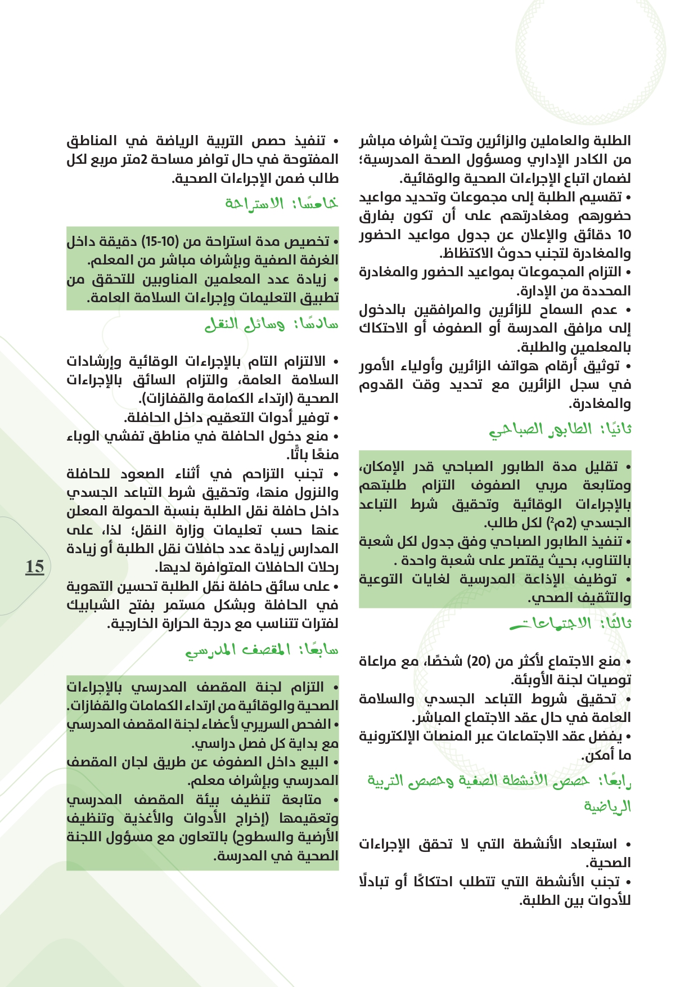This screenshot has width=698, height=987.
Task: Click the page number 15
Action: (34, 566)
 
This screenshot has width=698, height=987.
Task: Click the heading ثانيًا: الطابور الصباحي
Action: (560, 430)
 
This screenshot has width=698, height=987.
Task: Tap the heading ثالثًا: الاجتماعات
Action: (570, 623)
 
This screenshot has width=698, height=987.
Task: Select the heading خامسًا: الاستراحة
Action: (281, 203)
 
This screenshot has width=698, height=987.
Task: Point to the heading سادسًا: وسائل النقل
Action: (271, 324)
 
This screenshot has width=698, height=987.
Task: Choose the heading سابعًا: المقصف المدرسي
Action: (262, 650)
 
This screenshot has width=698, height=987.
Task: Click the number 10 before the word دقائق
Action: (624, 235)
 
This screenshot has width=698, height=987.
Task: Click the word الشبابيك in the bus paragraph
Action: (93, 605)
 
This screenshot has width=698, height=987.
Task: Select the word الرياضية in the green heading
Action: (607, 807)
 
